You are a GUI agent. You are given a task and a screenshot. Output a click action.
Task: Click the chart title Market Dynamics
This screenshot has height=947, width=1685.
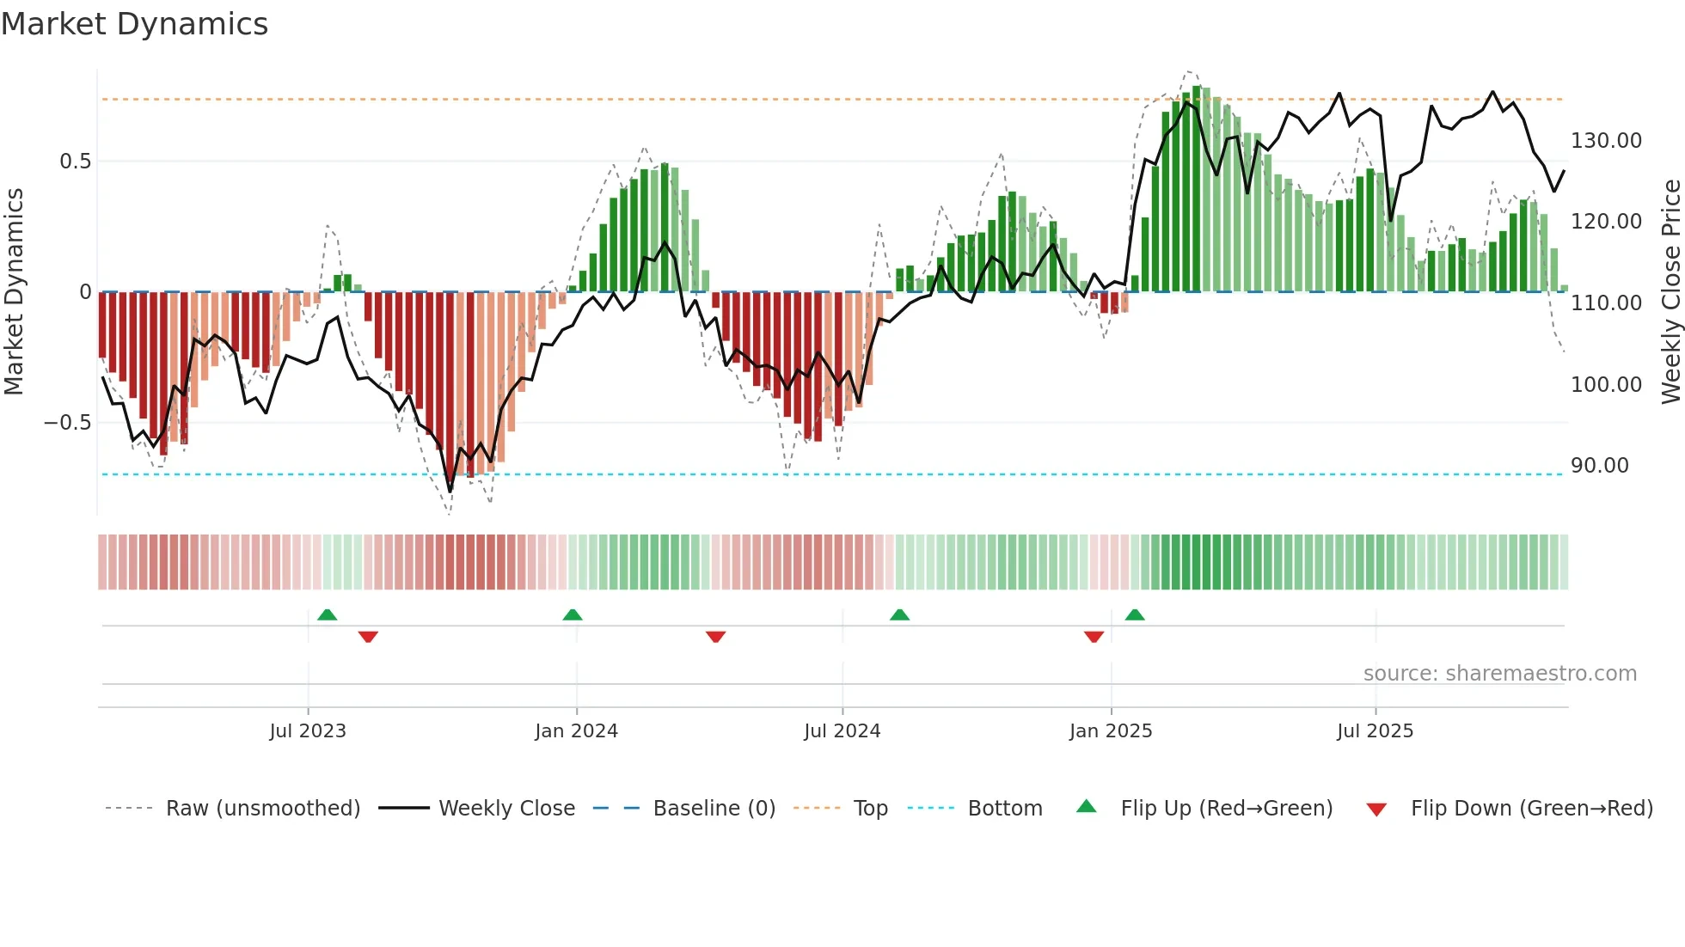135,24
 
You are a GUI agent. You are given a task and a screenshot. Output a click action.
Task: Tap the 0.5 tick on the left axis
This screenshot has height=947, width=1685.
75,162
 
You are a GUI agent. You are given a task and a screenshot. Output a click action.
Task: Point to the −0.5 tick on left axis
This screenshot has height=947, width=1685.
67,423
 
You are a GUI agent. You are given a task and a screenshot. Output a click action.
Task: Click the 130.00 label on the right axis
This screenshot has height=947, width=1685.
1606,141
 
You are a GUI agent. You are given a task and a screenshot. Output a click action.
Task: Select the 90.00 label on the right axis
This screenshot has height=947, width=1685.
1599,466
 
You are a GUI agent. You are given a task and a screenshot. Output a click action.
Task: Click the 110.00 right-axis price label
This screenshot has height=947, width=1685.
1606,303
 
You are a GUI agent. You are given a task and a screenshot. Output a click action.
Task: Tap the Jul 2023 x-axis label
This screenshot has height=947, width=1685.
308,731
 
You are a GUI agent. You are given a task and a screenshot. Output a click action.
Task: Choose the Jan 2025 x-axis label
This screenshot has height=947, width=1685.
1110,731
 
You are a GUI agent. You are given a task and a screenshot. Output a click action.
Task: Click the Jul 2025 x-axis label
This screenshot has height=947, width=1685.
1375,731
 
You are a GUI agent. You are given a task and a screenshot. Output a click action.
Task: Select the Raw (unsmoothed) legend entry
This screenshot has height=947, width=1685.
262,809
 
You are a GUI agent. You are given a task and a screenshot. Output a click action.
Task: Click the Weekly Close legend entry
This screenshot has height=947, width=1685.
506,809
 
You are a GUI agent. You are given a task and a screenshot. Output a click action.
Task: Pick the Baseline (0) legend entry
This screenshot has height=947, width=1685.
714,809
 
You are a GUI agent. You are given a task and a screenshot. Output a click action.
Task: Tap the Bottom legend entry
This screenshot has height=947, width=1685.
1004,809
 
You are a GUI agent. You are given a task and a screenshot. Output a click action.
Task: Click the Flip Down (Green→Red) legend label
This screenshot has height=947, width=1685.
1531,809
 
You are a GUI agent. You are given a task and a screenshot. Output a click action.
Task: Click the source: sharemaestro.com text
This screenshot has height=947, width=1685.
1499,674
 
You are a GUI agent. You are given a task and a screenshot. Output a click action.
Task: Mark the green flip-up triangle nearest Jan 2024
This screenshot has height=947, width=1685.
573,614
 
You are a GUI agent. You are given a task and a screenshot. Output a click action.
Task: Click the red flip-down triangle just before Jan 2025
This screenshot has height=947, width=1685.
1094,637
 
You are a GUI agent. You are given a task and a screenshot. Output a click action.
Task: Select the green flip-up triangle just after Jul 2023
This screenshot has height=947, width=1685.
327,614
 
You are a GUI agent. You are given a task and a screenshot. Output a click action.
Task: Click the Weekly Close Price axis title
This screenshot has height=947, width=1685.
1670,292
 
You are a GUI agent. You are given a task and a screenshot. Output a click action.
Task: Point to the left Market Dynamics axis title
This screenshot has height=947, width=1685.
14,292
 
